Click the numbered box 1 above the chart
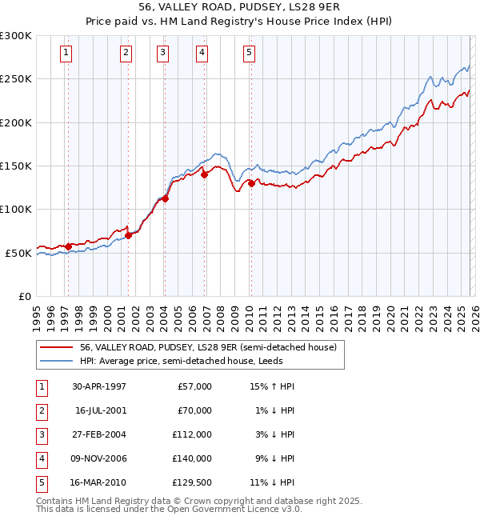point(66,53)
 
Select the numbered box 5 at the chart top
point(250,53)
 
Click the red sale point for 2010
point(251,183)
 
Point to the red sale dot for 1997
point(68,246)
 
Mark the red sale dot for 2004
point(166,198)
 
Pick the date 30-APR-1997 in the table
point(98,386)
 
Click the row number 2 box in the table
point(40,410)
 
